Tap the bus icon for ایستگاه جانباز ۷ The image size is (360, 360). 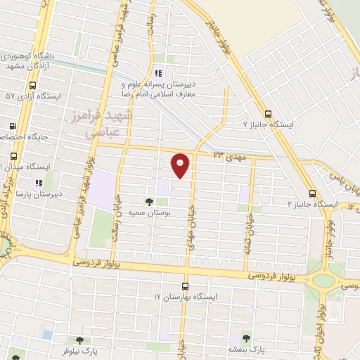pyautogui.click(x=268, y=113)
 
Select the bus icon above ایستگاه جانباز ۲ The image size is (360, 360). pyautogui.click(x=312, y=193)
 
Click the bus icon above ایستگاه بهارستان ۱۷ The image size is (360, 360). pyautogui.click(x=185, y=286)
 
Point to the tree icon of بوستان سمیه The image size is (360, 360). pyautogui.click(x=148, y=200)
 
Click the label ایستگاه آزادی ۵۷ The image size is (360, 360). pyautogui.click(x=33, y=95)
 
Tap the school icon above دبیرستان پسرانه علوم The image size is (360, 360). pyautogui.click(x=158, y=74)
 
